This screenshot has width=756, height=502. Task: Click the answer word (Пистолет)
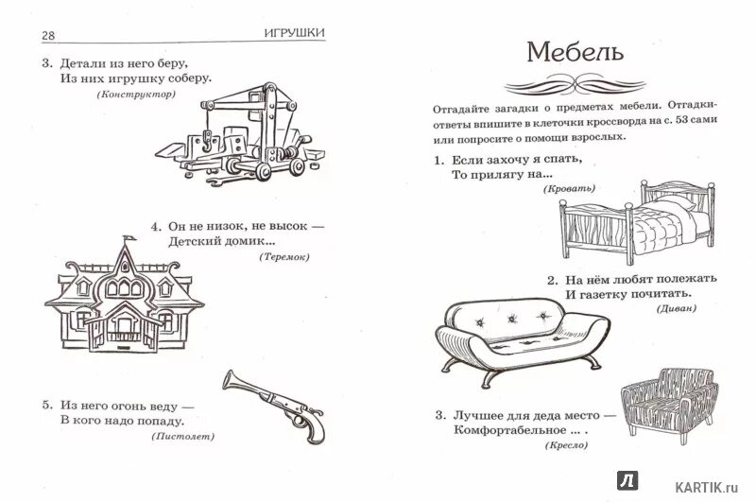[x=182, y=437]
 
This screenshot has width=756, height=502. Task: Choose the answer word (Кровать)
[x=569, y=190]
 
